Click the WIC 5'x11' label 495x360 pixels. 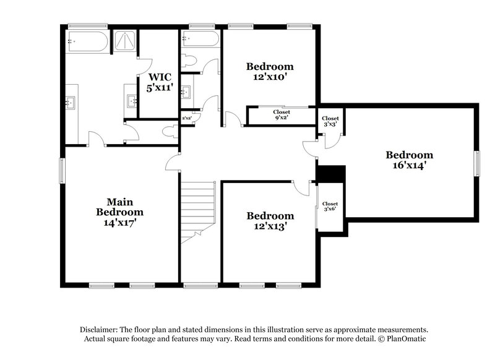pos(159,82)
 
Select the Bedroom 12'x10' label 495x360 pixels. pos(269,72)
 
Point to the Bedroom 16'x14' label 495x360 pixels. pos(409,160)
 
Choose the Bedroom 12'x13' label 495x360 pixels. pos(270,221)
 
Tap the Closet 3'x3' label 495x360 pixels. pos(330,121)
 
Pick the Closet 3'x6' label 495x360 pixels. pos(330,206)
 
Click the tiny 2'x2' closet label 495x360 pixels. pos(186,118)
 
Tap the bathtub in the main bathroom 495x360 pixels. pos(87,41)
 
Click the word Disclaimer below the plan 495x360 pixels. pos(100,330)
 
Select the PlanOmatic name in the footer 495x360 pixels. pos(406,339)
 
